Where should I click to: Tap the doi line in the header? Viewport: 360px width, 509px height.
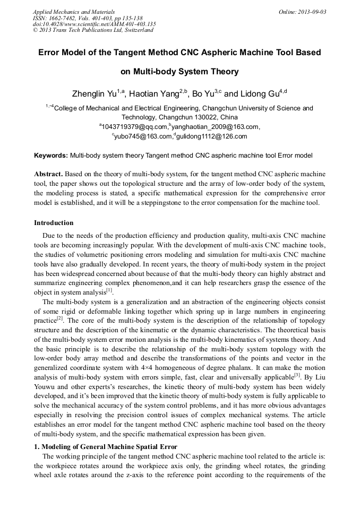click(x=94, y=24)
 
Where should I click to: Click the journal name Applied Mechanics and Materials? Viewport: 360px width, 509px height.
click(x=74, y=12)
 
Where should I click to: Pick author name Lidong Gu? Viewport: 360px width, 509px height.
click(x=260, y=94)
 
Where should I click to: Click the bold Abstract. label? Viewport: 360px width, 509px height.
click(x=49, y=174)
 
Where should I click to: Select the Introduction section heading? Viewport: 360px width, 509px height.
click(x=54, y=223)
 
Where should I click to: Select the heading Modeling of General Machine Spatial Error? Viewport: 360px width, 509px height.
click(x=109, y=446)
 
